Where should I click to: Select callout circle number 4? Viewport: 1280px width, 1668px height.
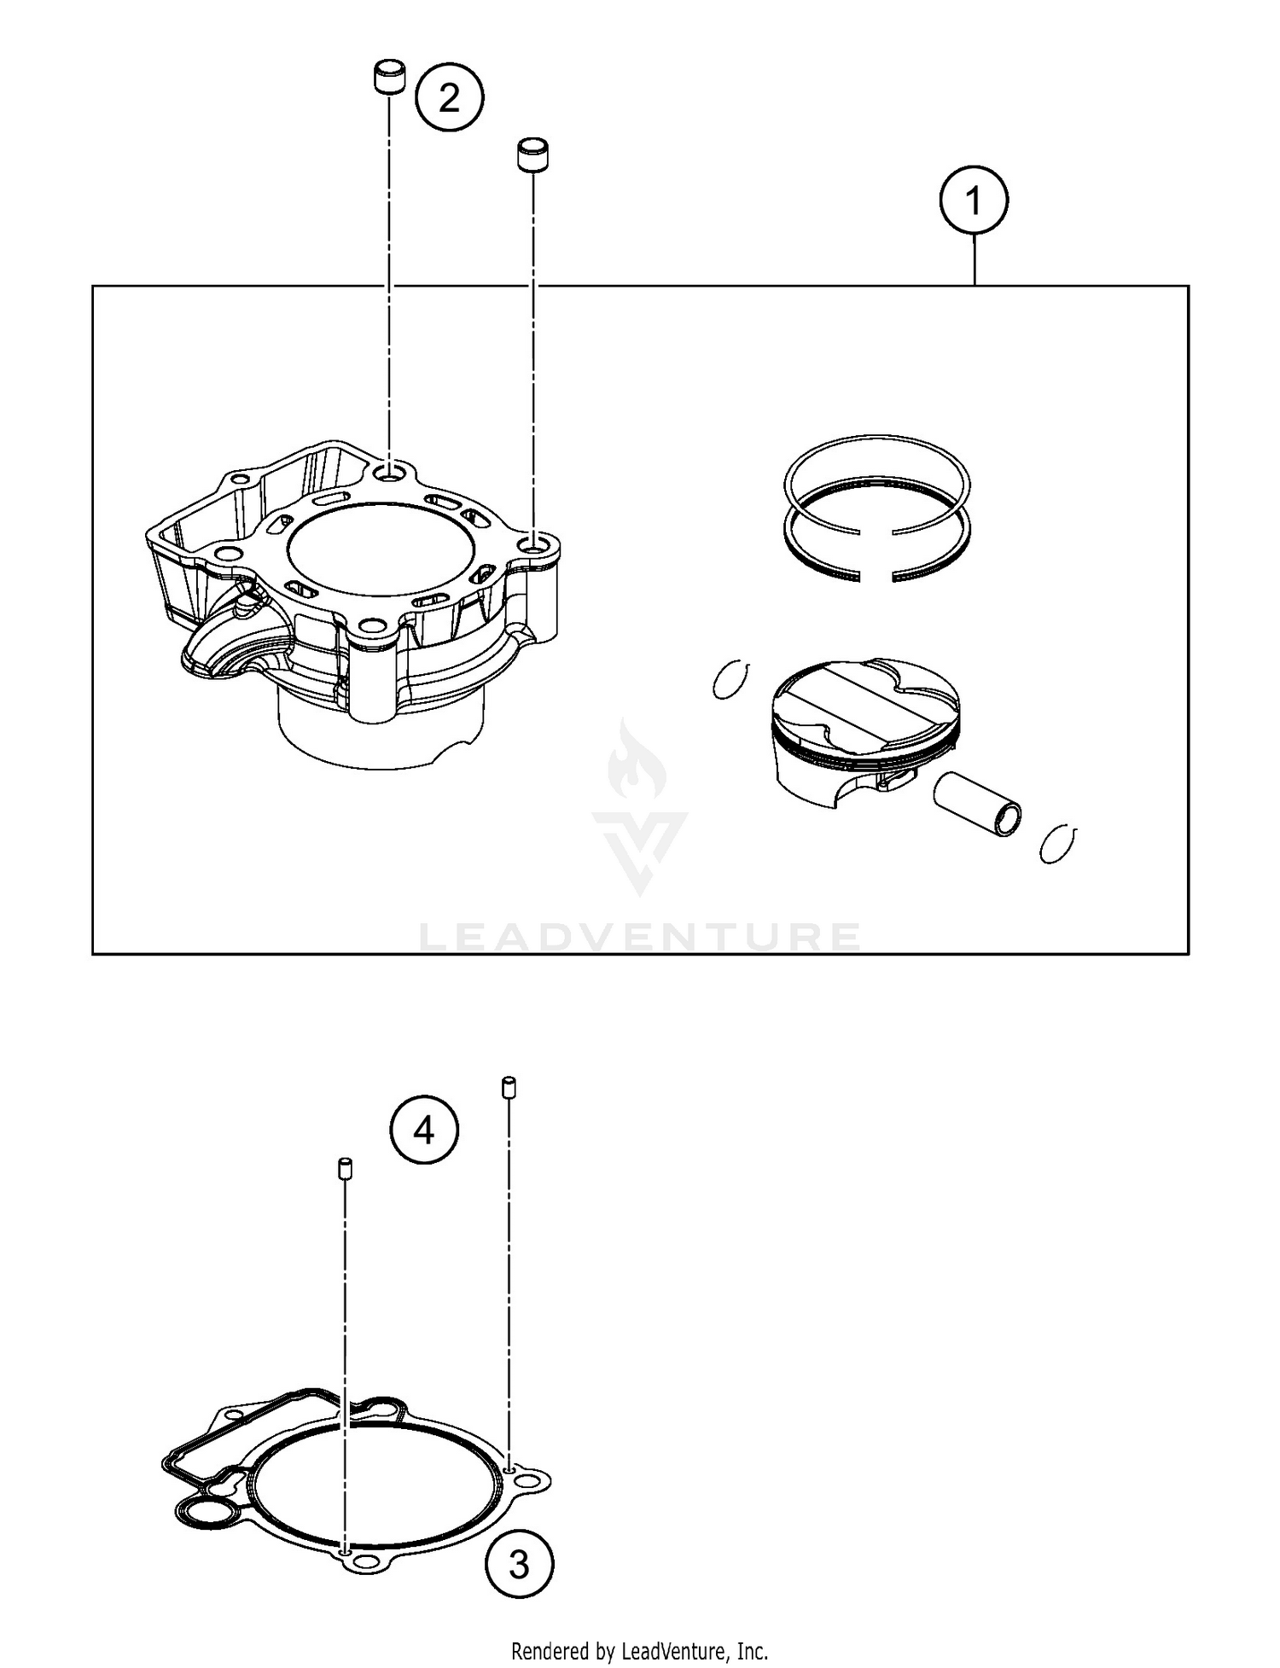click(x=424, y=1130)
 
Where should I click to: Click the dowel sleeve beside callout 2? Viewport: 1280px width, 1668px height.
click(x=389, y=77)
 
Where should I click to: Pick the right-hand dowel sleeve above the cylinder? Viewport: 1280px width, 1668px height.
click(x=532, y=154)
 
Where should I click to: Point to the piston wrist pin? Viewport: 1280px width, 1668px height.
click(x=978, y=805)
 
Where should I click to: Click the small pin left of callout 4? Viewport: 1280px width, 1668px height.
click(x=346, y=1168)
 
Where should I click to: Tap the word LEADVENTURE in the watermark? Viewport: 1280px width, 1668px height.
click(x=640, y=937)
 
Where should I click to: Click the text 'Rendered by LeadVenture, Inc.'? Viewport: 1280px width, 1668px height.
click(x=639, y=1651)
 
